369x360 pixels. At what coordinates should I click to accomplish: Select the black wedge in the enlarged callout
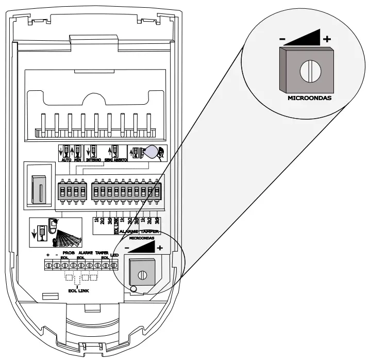305,38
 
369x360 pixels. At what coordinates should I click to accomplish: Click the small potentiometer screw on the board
142,274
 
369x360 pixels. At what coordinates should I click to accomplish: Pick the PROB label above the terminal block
69,253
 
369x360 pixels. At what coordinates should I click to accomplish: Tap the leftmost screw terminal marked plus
48,265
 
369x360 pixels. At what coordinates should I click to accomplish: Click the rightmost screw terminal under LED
114,265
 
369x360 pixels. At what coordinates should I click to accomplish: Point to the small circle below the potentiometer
133,288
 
